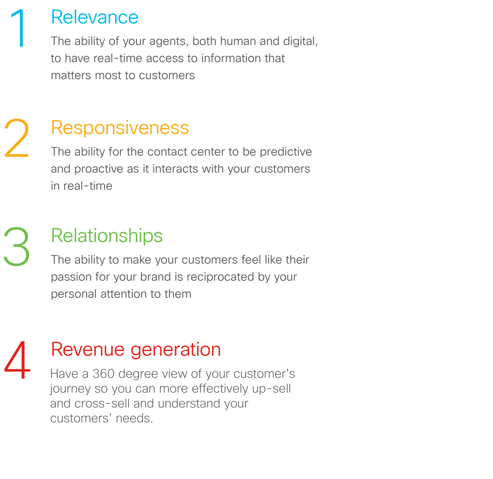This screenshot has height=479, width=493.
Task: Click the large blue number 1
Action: pyautogui.click(x=20, y=28)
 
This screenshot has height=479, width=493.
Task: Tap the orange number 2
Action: pyautogui.click(x=17, y=138)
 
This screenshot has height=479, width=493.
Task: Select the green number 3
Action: pyautogui.click(x=17, y=246)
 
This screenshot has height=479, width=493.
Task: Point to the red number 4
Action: pyautogui.click(x=18, y=360)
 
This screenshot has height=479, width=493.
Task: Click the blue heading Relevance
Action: pyautogui.click(x=95, y=17)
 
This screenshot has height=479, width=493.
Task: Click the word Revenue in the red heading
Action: pyautogui.click(x=88, y=350)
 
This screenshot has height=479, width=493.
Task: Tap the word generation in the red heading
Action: pyautogui.click(x=176, y=350)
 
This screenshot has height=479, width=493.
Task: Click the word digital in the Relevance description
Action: pyautogui.click(x=300, y=41)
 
